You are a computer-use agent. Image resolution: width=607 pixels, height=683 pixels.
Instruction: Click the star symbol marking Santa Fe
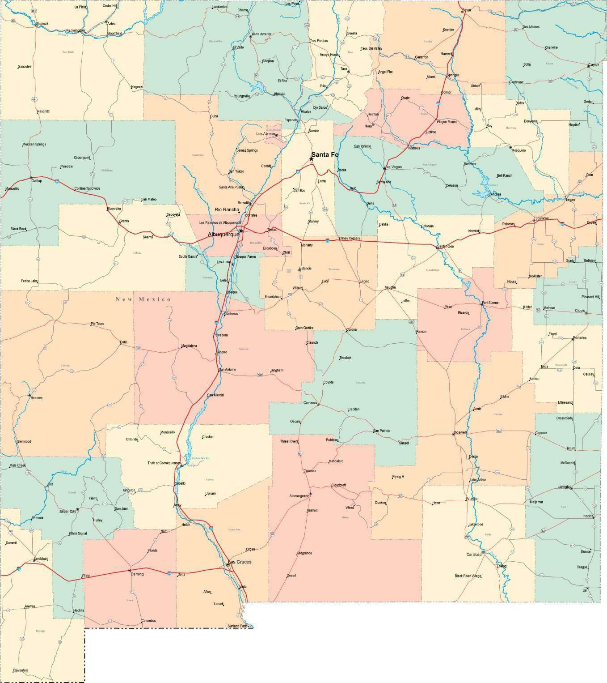pyautogui.click(x=312, y=159)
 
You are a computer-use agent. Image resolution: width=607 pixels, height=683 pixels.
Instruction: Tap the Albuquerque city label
pyautogui.click(x=223, y=235)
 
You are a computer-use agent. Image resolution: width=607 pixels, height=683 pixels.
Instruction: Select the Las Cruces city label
pyautogui.click(x=240, y=562)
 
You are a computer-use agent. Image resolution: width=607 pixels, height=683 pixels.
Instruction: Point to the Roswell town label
pyautogui.click(x=460, y=432)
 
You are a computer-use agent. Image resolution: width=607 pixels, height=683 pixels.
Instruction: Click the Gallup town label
pyautogui.click(x=36, y=181)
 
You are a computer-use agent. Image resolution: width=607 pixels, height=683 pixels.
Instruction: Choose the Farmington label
pyautogui.click(x=75, y=30)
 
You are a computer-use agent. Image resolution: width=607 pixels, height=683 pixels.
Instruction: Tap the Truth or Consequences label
pyautogui.click(x=164, y=463)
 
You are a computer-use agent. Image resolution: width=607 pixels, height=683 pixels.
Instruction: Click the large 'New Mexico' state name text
pyautogui.click(x=143, y=299)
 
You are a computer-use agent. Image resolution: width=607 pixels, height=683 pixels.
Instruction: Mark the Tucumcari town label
pyautogui.click(x=540, y=218)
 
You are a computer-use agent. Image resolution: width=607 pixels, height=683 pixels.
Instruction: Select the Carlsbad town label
pyautogui.click(x=474, y=554)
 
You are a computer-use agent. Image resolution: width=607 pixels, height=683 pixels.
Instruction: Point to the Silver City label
pyautogui.click(x=67, y=511)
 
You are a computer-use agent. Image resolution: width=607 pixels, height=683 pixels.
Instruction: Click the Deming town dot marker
pyautogui.click(x=130, y=571)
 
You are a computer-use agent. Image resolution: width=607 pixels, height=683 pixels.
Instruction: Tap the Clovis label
pyautogui.click(x=580, y=310)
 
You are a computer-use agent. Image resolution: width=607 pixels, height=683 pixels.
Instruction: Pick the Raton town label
pyautogui.click(x=467, y=10)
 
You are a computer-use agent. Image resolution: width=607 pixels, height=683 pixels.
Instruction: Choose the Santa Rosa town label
pyautogui.click(x=445, y=247)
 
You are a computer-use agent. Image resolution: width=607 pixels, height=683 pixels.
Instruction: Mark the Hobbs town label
pyautogui.click(x=588, y=516)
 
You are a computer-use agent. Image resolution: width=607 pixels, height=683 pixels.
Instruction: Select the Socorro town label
pyautogui.click(x=221, y=352)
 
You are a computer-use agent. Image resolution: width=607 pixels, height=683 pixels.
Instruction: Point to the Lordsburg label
pyautogui.click(x=41, y=559)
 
